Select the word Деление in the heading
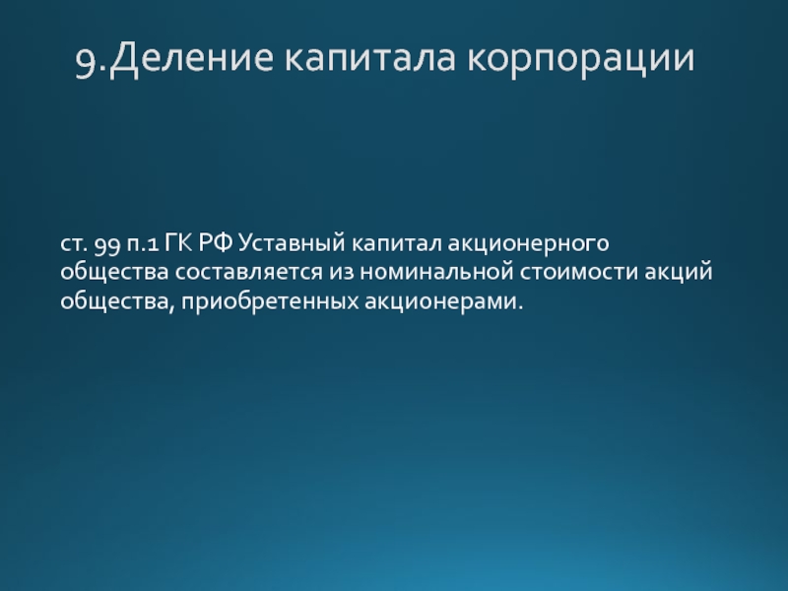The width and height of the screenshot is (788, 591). tap(191, 58)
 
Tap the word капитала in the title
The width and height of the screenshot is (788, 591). tap(370, 57)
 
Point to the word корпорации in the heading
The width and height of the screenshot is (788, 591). tap(581, 58)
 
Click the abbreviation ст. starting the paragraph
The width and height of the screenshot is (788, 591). tap(74, 244)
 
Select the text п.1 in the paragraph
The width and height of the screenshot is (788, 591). tap(143, 244)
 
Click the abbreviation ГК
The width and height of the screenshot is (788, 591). tap(179, 242)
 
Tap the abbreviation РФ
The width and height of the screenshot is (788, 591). tap(216, 242)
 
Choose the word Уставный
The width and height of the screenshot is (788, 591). tap(292, 244)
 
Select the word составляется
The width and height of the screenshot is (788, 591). tap(249, 273)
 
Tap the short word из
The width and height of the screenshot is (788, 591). tap(342, 273)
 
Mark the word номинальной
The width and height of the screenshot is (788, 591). tap(436, 272)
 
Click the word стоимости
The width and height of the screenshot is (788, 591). tap(579, 273)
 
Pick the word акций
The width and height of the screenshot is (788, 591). tap(679, 272)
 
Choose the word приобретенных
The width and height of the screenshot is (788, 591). tap(270, 301)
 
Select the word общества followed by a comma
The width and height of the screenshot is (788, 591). tap(117, 302)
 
